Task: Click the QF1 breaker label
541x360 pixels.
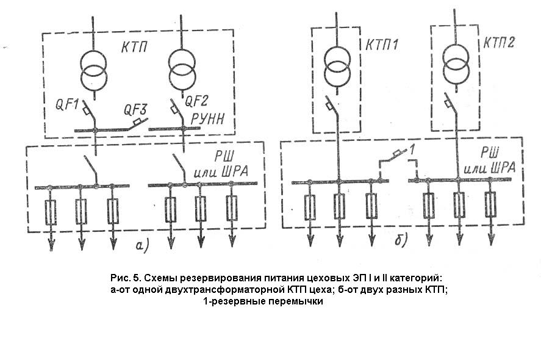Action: click(x=68, y=104)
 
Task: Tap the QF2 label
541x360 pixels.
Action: click(x=197, y=101)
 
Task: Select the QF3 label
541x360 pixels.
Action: click(x=135, y=110)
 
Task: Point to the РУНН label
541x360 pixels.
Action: click(x=208, y=119)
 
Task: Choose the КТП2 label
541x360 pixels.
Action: click(x=499, y=43)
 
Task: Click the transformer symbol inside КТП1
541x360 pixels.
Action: click(x=338, y=65)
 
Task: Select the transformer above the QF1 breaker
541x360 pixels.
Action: click(x=93, y=70)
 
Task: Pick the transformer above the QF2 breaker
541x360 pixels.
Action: click(x=182, y=68)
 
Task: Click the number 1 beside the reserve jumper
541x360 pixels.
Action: click(x=411, y=150)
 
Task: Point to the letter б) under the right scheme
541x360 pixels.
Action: click(x=401, y=239)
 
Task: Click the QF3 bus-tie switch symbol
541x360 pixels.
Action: click(x=137, y=124)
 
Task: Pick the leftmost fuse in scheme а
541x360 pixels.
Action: click(x=51, y=212)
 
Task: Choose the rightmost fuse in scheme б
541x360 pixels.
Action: click(x=490, y=204)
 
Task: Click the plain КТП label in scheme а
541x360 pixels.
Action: click(x=134, y=47)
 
